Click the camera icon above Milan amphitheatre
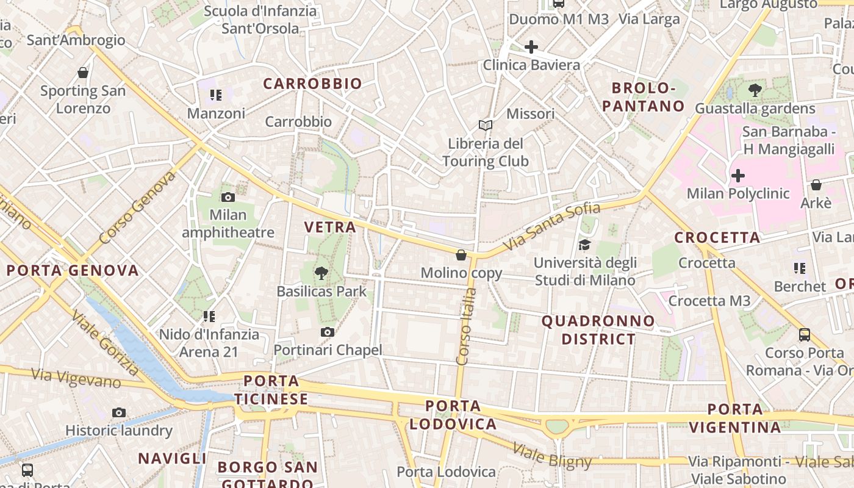(x=228, y=197)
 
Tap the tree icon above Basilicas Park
(x=321, y=273)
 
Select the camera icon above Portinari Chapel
(x=328, y=332)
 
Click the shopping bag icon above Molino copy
(x=461, y=254)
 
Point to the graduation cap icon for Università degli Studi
(x=584, y=245)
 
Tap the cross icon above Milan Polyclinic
(x=738, y=176)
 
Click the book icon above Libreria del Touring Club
(x=486, y=125)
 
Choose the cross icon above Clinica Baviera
(x=531, y=46)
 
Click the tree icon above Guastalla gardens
(x=755, y=90)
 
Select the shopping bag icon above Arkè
(x=816, y=184)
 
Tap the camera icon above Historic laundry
(x=119, y=412)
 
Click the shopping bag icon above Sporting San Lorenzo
(x=83, y=73)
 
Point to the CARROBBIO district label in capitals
(x=312, y=84)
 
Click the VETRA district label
(x=330, y=228)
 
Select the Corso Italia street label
(x=467, y=326)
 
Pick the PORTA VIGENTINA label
(x=735, y=418)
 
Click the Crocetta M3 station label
(x=709, y=301)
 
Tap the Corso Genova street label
(x=137, y=207)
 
